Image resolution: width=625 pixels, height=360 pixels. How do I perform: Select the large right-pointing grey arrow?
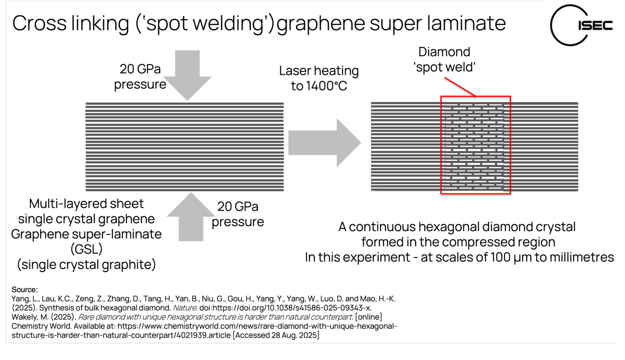pyautogui.click(x=325, y=143)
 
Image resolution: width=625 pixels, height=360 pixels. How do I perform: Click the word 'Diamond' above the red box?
pyautogui.click(x=444, y=52)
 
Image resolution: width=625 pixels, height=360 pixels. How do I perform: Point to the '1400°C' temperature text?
pyautogui.click(x=326, y=86)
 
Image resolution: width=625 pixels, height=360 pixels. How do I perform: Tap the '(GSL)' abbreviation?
pyautogui.click(x=86, y=249)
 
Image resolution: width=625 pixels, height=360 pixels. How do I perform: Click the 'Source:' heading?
pyautogui.click(x=24, y=290)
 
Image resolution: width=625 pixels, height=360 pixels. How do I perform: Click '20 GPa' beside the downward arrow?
pyautogui.click(x=140, y=69)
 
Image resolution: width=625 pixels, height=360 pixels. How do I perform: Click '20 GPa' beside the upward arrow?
pyautogui.click(x=238, y=207)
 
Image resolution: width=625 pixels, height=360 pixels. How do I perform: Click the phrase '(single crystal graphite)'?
pyautogui.click(x=86, y=265)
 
